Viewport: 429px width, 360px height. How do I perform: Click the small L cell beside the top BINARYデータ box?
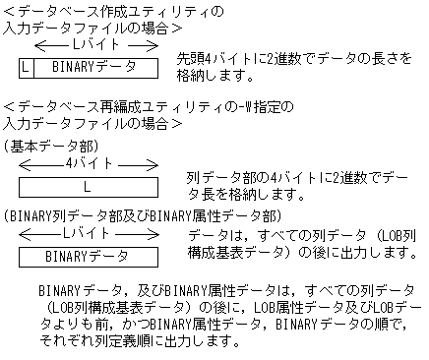click(x=26, y=68)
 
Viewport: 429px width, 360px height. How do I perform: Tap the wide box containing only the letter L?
click(x=88, y=186)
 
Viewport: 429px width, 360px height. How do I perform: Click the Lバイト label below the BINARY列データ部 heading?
click(x=88, y=233)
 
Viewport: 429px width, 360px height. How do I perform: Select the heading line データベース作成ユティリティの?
click(x=113, y=11)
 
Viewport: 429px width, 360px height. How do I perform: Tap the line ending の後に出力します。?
click(x=295, y=253)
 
